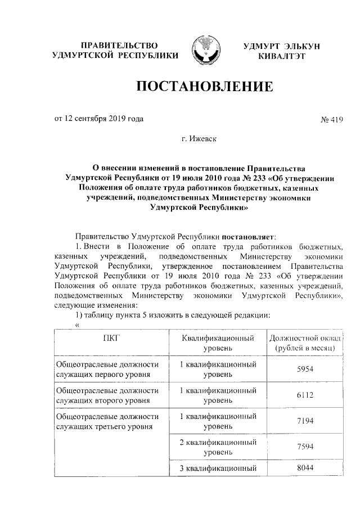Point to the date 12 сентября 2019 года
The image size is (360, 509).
(98, 119)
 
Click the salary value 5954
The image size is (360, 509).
(304, 370)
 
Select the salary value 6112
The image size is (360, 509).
(304, 395)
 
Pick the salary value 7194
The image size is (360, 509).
(304, 421)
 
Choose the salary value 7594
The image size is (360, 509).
(304, 447)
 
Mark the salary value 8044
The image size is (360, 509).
(304, 468)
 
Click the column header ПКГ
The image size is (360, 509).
(111, 339)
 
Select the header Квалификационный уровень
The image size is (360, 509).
(218, 344)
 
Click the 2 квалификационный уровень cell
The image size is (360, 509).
(218, 447)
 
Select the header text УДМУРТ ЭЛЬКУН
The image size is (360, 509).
(281, 46)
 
